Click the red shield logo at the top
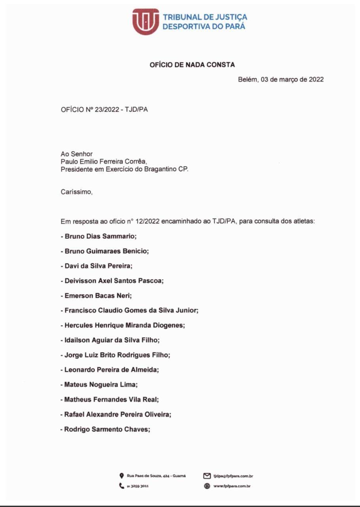145,22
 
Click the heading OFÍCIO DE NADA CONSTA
192,65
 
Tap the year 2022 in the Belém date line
316,79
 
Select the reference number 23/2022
107,110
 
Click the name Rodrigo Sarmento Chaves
107,429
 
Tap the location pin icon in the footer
122,476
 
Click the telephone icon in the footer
122,486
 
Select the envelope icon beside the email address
207,476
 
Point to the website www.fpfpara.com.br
232,486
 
